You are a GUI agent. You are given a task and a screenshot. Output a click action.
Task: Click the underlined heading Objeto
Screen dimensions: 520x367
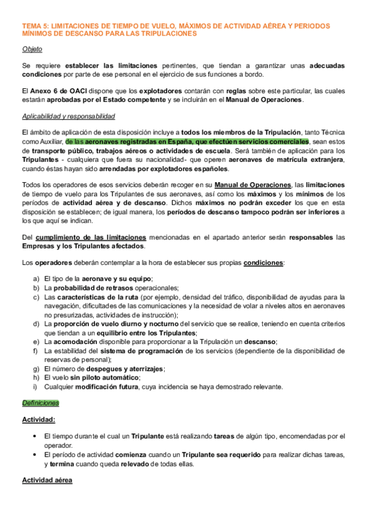(x=32, y=49)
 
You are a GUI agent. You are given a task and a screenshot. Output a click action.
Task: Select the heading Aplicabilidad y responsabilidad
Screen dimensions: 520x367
(x=67, y=117)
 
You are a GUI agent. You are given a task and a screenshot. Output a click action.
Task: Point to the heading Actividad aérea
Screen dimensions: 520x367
(x=47, y=480)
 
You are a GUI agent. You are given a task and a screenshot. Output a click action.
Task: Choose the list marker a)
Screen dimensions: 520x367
(x=36, y=279)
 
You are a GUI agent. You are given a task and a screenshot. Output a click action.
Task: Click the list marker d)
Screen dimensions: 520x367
(x=36, y=324)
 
